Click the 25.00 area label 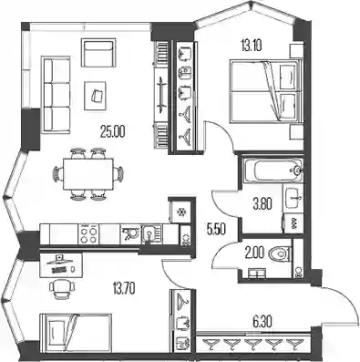pos(113,132)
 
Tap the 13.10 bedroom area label pos(252,47)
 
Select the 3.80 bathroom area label pos(262,203)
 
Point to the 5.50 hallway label pos(216,230)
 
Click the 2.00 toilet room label pos(254,253)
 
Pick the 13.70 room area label pos(124,287)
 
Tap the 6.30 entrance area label pos(262,321)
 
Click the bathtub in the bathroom pos(273,171)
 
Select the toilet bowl pos(281,253)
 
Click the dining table pos(88,174)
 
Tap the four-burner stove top pos(88,234)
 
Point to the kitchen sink pos(151,234)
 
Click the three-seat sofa pos(57,95)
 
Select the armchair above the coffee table pos(98,52)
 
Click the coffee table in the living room pos(95,96)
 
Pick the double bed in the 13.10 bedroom pos(264,91)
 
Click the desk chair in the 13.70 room pos(61,288)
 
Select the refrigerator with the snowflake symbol pos(180,212)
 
